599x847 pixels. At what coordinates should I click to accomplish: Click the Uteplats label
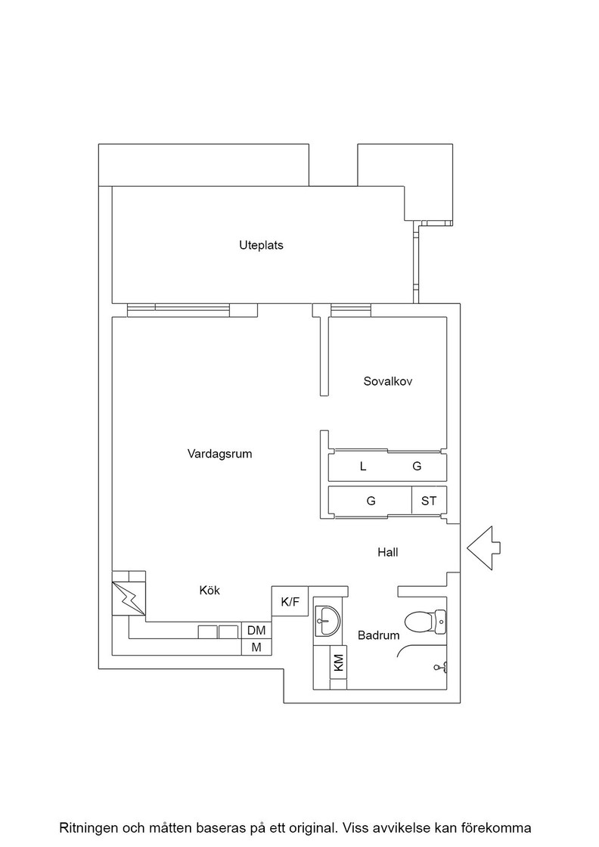pyautogui.click(x=261, y=245)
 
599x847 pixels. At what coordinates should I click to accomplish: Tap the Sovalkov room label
pyautogui.click(x=388, y=381)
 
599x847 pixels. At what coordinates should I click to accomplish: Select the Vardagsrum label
pyautogui.click(x=220, y=454)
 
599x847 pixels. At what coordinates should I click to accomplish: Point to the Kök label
pyautogui.click(x=209, y=591)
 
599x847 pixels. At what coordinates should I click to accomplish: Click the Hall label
pyautogui.click(x=388, y=552)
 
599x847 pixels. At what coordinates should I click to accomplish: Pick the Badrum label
pyautogui.click(x=379, y=635)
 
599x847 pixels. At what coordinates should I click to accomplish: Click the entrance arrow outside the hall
pyautogui.click(x=484, y=548)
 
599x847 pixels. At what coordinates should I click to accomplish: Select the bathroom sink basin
pyautogui.click(x=327, y=621)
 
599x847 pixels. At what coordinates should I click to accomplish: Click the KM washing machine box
pyautogui.click(x=339, y=662)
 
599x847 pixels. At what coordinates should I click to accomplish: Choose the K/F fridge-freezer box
pyautogui.click(x=290, y=601)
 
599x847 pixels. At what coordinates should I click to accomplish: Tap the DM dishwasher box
pyautogui.click(x=256, y=631)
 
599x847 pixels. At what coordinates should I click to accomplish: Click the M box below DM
pyautogui.click(x=256, y=647)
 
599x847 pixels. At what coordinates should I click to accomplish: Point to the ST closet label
pyautogui.click(x=429, y=501)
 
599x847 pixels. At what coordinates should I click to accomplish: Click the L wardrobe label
pyautogui.click(x=363, y=466)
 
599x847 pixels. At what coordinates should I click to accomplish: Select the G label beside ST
pyautogui.click(x=371, y=501)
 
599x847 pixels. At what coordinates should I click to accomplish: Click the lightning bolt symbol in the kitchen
pyautogui.click(x=129, y=598)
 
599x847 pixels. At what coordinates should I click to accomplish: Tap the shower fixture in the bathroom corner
pyautogui.click(x=440, y=668)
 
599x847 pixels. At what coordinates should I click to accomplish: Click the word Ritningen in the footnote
pyautogui.click(x=88, y=828)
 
